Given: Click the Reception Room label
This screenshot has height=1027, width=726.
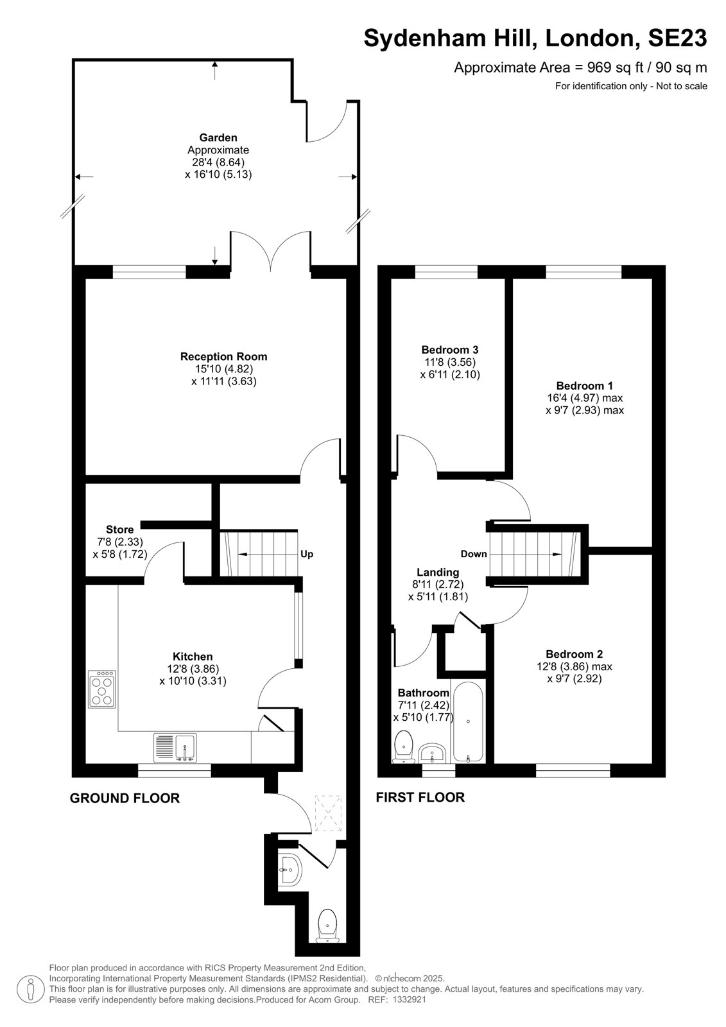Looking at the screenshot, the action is (223, 356).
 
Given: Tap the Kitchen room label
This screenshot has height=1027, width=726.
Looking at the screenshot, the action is (193, 657).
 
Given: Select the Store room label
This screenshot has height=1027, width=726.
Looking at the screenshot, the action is (119, 530).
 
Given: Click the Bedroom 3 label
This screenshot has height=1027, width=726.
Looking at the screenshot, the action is (450, 350).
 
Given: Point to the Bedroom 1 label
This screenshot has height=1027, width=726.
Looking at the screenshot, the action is (584, 386).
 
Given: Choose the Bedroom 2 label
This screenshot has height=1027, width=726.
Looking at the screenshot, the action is (575, 654).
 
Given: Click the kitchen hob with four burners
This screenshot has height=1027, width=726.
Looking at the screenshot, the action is (102, 689).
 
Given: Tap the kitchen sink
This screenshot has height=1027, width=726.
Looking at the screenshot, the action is (175, 747).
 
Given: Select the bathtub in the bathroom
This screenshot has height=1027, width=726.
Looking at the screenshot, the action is (468, 721).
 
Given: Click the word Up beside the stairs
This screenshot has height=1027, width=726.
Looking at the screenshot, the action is (307, 554).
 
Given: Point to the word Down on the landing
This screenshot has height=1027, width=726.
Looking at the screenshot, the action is (474, 554).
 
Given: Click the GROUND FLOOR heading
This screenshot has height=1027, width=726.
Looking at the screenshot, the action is (125, 798).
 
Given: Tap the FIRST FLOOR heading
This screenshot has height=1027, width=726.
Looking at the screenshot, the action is (420, 797).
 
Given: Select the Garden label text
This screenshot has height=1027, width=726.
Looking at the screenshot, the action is (218, 137).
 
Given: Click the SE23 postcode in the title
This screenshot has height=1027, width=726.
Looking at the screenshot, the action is (677, 38).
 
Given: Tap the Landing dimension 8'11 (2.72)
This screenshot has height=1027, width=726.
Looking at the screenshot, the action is (438, 584).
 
